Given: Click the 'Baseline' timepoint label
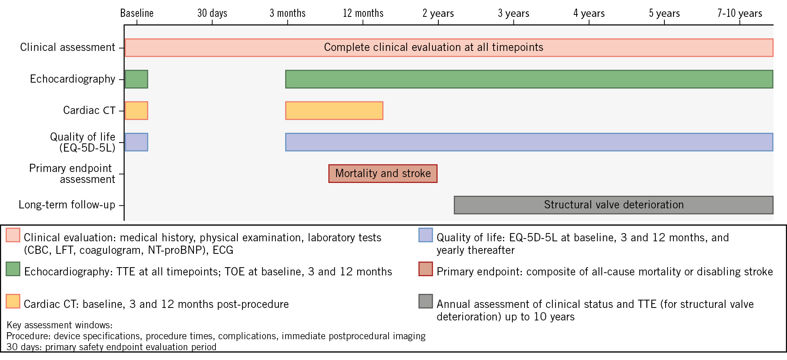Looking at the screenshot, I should coord(137,13).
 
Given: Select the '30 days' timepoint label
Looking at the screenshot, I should coord(212,13).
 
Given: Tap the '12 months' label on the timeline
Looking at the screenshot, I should coord(363,13).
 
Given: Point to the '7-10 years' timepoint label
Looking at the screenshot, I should coord(740,13).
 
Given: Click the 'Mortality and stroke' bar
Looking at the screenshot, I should coord(383,174).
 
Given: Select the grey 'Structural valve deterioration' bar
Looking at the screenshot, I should coord(613,205).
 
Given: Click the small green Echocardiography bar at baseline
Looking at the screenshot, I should coord(136,79).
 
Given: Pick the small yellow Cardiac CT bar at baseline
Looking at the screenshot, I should coord(136,110).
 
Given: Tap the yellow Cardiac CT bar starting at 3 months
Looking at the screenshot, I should coord(334,110).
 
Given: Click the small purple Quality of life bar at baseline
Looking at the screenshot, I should coord(136,142).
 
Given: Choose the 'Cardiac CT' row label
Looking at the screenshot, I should coord(89,110).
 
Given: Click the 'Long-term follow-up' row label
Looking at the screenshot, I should coord(67,205).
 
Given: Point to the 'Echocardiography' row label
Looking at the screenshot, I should coord(72,79).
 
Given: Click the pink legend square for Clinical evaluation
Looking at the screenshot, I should coord(13,235).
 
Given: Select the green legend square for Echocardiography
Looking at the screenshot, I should coord(13,269).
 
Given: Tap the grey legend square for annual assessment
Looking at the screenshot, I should coord(425,301).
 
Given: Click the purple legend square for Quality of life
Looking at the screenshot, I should coord(425,235).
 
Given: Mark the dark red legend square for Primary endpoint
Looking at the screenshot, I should coord(425,269).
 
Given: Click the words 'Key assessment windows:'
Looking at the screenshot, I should coord(60,325).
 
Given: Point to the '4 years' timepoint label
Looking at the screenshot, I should coord(589,13).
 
